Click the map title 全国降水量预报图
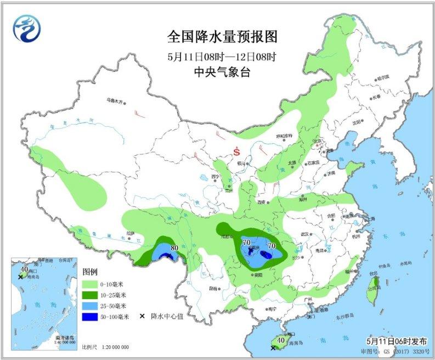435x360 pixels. tap(222, 37)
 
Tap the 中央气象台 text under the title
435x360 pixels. tap(222, 70)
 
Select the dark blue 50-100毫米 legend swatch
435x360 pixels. tap(94, 317)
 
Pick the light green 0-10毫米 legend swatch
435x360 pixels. tap(94, 284)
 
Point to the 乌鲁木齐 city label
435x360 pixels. tap(116, 100)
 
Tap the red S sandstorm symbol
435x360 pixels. tap(236, 150)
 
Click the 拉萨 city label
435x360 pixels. tap(129, 233)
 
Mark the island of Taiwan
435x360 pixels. tap(372, 283)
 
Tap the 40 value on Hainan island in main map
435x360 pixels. tap(281, 340)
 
